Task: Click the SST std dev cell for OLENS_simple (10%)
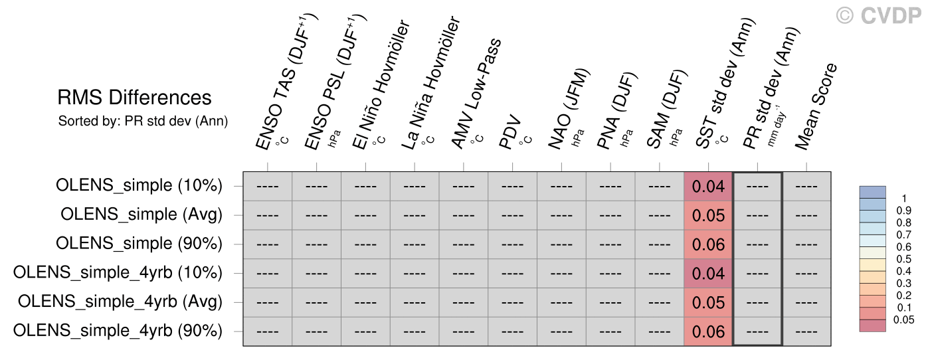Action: [x=708, y=187]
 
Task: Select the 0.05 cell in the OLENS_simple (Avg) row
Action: [x=708, y=215]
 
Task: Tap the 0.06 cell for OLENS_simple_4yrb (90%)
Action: [x=708, y=331]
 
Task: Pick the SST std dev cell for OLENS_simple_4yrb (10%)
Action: [x=708, y=274]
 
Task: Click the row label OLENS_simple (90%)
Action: [x=139, y=244]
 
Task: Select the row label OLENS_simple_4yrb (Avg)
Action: [x=120, y=302]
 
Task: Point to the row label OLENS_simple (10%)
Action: [x=139, y=185]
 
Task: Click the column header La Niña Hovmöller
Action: [x=431, y=83]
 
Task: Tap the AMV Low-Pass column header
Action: [x=476, y=94]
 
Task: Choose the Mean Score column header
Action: [x=816, y=106]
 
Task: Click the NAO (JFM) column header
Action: [x=569, y=108]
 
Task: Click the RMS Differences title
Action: [x=134, y=98]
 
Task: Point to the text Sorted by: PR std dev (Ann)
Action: [x=143, y=121]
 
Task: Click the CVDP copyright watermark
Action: [x=878, y=16]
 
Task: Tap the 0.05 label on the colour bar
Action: [x=903, y=320]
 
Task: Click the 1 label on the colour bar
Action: [x=904, y=199]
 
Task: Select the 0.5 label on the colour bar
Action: [x=903, y=259]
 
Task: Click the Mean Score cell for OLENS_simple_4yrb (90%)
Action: [x=806, y=331]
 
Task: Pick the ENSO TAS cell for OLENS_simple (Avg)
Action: [x=267, y=215]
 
